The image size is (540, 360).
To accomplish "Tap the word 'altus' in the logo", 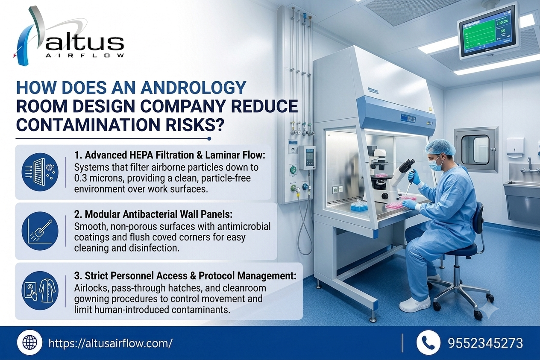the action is [x=85, y=44].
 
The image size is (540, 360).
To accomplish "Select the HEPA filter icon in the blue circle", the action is [x=40, y=172].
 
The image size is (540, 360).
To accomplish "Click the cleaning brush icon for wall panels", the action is [x=40, y=231].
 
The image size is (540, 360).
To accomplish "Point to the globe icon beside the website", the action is [x=29, y=342].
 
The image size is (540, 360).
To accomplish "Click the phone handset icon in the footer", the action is [x=428, y=342].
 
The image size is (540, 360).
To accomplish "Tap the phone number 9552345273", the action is [x=485, y=343].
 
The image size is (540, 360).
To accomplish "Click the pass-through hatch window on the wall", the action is [x=475, y=149].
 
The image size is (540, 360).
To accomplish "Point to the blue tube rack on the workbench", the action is [x=359, y=206].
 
